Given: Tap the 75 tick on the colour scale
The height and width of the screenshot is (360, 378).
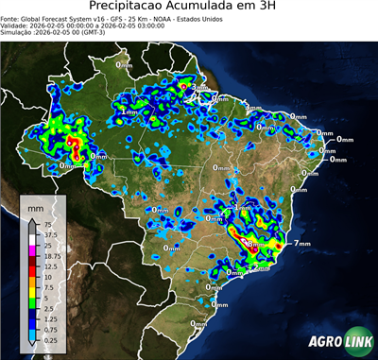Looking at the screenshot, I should [x=47, y=224].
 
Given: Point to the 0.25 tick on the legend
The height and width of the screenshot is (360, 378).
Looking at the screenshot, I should [x=50, y=339].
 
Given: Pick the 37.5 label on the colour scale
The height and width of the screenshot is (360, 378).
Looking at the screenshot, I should [x=50, y=234].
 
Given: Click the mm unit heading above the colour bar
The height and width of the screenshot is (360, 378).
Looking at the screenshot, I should [x=36, y=205].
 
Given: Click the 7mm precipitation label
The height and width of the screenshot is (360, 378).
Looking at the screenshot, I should [x=301, y=244].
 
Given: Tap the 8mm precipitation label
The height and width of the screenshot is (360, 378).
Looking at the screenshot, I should [x=254, y=246].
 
